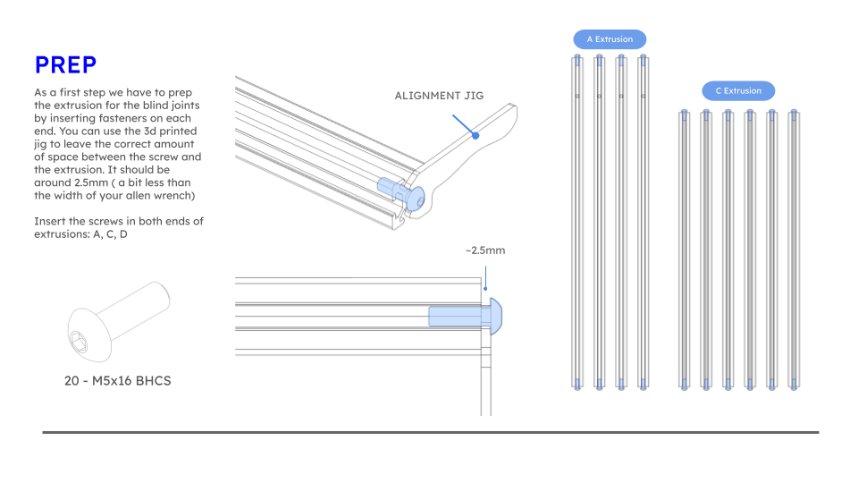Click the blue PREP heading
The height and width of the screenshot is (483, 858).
[x=65, y=64]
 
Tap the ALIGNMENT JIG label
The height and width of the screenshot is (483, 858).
[x=439, y=96]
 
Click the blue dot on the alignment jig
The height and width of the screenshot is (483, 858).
[x=476, y=136]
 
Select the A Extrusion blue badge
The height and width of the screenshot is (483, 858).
[x=610, y=39]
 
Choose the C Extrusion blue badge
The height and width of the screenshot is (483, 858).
[x=738, y=90]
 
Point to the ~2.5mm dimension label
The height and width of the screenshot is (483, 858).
[x=484, y=250]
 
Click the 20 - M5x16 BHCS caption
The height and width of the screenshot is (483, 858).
[x=117, y=380]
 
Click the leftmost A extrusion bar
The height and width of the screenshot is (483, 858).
[x=577, y=224]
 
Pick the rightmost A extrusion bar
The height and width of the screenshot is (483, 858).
[x=643, y=224]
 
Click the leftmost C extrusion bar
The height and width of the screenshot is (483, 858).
[x=684, y=250]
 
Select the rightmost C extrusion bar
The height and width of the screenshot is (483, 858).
[x=793, y=250]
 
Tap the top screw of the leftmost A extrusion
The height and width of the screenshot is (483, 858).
[x=577, y=62]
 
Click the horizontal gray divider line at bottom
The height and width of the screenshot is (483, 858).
[x=430, y=432]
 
